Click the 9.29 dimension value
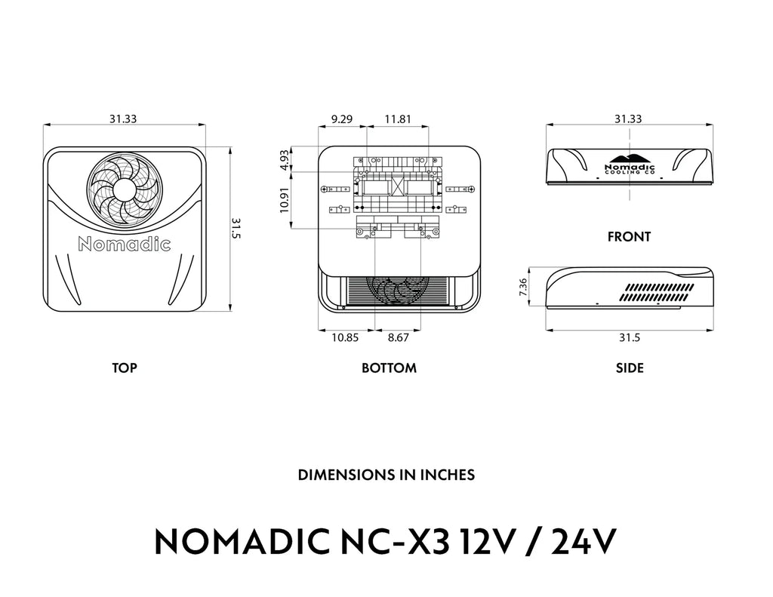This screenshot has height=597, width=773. tap(342, 118)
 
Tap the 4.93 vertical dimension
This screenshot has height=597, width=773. tap(284, 158)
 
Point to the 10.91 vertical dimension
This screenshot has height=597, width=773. tap(284, 201)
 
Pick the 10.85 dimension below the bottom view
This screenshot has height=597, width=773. tap(345, 337)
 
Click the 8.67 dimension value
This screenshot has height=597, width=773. tap(398, 337)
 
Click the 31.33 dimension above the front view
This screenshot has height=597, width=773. tap(628, 118)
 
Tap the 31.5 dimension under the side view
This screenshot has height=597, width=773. tap(629, 337)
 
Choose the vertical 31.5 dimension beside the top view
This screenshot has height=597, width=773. tap(236, 228)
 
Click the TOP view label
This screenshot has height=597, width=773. tap(125, 368)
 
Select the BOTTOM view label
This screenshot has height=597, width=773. tap(389, 368)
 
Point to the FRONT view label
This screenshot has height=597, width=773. tap(629, 237)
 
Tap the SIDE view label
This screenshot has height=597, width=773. tap(630, 368)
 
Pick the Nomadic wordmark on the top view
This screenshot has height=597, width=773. tap(125, 244)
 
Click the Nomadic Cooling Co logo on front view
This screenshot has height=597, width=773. tap(630, 166)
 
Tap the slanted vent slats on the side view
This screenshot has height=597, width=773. tap(658, 293)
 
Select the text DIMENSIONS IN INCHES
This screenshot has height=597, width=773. tap(386, 475)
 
